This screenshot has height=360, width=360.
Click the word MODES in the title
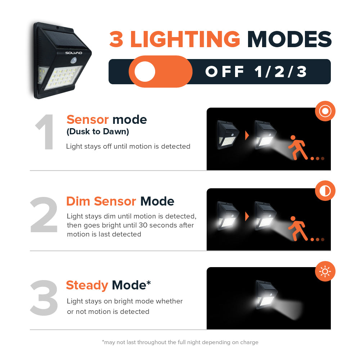point(289,39)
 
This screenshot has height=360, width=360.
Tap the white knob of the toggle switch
point(145,72)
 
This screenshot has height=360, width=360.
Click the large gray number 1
point(45,132)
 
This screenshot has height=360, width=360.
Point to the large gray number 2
point(44,215)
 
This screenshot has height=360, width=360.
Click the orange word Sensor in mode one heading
point(87,120)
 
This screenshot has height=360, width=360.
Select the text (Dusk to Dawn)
point(98,132)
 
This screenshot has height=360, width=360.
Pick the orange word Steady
point(87,285)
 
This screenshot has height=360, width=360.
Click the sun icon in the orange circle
point(325,271)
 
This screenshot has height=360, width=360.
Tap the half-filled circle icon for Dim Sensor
point(325,191)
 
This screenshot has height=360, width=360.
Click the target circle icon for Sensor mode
point(325,111)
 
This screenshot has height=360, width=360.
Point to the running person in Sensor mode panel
point(298,147)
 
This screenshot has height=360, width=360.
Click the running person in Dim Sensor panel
point(298,228)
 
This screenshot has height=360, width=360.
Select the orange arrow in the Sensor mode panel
point(247,135)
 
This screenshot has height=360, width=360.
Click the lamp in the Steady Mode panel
point(266,293)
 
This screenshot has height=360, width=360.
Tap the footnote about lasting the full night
point(180,342)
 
